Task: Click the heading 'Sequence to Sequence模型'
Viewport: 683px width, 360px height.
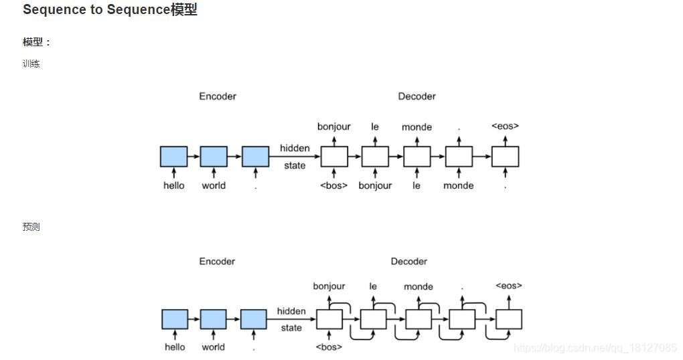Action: pyautogui.click(x=110, y=10)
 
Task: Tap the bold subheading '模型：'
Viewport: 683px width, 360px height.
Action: pyautogui.click(x=37, y=42)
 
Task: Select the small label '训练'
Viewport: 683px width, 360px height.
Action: pyautogui.click(x=31, y=64)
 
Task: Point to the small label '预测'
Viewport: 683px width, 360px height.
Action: pyautogui.click(x=31, y=227)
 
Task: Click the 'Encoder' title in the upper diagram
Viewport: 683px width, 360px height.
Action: pyautogui.click(x=218, y=96)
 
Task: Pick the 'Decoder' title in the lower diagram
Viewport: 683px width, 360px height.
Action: pyautogui.click(x=408, y=262)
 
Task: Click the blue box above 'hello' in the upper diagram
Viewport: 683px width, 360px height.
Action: pyautogui.click(x=173, y=157)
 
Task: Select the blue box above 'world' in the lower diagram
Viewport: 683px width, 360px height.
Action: pyautogui.click(x=214, y=319)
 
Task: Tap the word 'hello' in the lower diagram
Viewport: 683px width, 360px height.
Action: pyautogui.click(x=175, y=347)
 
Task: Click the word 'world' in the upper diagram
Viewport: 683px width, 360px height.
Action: pyautogui.click(x=214, y=185)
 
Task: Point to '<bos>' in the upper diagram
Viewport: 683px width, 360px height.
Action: pyautogui.click(x=333, y=185)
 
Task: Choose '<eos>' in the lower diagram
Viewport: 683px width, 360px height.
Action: pyautogui.click(x=508, y=286)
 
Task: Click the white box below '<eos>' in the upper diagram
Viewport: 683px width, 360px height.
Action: pyautogui.click(x=505, y=157)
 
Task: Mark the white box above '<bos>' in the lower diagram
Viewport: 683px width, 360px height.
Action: pyautogui.click(x=329, y=319)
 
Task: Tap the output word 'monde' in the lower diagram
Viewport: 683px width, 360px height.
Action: pyautogui.click(x=419, y=286)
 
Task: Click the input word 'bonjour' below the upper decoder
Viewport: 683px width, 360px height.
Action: pyautogui.click(x=375, y=185)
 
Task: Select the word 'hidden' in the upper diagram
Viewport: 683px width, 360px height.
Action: pyautogui.click(x=295, y=148)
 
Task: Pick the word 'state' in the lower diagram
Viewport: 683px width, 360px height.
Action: pyautogui.click(x=291, y=328)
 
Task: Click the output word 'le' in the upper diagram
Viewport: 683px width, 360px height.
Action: pyautogui.click(x=375, y=126)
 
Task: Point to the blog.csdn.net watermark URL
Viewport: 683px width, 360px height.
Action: pyautogui.click(x=595, y=347)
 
